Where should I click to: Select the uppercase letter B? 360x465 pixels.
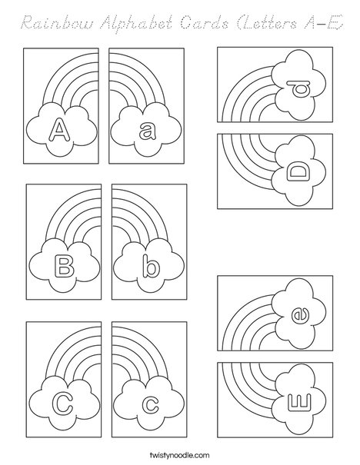[x=62, y=267]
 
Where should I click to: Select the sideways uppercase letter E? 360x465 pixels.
[x=300, y=401]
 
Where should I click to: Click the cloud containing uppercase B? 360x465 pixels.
[x=62, y=265]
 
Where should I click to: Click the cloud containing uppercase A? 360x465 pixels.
[x=57, y=128]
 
